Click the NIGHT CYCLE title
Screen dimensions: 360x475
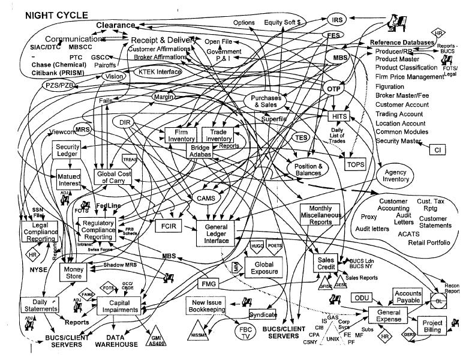[56, 14]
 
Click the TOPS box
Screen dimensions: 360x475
[356, 164]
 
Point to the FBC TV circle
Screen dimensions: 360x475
[245, 332]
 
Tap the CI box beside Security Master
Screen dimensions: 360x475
[437, 149]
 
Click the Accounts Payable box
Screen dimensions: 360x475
[408, 297]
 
